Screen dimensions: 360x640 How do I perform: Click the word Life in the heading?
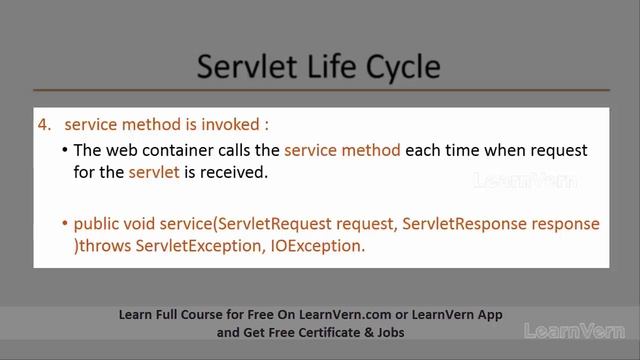tap(328, 67)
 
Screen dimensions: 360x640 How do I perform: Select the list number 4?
tap(44, 125)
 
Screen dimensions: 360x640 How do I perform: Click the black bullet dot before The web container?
tap(64, 150)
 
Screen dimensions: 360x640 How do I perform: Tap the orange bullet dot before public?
tap(64, 223)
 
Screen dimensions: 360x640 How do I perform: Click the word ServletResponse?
tap(479, 223)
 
